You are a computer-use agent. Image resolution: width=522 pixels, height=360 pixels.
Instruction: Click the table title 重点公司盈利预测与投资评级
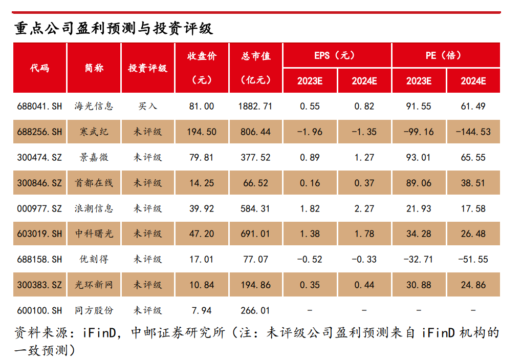click(x=114, y=28)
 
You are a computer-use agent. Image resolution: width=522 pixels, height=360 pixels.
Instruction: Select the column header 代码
click(x=39, y=68)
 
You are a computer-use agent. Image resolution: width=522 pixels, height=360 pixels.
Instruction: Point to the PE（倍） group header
click(x=445, y=55)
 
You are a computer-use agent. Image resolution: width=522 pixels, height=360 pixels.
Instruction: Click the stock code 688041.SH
click(x=39, y=107)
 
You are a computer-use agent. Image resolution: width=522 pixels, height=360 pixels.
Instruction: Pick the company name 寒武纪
click(x=94, y=132)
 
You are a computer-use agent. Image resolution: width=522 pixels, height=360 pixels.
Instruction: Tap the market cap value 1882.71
click(x=255, y=107)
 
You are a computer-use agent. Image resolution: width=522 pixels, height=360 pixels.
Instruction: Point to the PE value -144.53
click(x=473, y=132)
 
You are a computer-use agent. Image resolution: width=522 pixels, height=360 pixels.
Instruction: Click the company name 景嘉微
click(x=94, y=157)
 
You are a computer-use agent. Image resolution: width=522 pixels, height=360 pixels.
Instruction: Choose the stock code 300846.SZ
click(x=39, y=183)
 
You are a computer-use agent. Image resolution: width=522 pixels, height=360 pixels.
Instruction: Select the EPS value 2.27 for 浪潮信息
click(x=364, y=208)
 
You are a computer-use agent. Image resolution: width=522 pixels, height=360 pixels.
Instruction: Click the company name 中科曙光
click(x=94, y=234)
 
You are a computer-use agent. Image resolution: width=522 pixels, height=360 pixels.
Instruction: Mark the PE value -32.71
click(x=418, y=259)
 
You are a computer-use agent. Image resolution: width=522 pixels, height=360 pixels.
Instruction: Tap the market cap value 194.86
click(x=255, y=285)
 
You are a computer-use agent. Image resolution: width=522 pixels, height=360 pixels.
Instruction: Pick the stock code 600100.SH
click(x=39, y=310)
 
